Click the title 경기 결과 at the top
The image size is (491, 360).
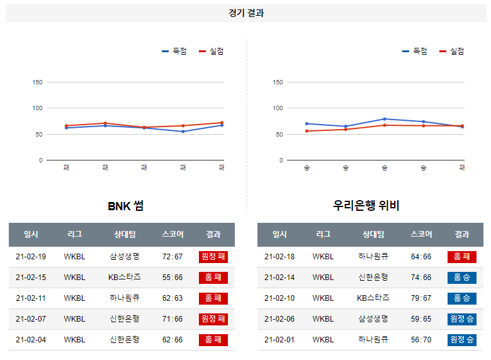point(246,13)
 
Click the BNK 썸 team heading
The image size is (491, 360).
point(125,206)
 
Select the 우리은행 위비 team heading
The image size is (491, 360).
point(366,206)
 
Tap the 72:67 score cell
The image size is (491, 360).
point(172,257)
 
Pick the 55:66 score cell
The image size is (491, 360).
point(172,278)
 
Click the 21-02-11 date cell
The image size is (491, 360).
point(31,298)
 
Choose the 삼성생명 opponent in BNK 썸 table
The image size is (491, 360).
point(125,257)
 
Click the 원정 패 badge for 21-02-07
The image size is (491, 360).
point(213,319)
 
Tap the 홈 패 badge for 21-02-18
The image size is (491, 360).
point(461,257)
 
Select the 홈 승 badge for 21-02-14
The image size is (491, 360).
point(461,278)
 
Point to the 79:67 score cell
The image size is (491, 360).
point(420,298)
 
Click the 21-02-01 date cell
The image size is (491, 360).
point(279,340)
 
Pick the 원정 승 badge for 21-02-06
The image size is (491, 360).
point(461,319)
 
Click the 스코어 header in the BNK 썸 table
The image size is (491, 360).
point(172,234)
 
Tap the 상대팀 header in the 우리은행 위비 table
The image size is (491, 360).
point(373,234)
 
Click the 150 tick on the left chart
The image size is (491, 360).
point(37,82)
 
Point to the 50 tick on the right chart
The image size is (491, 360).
point(278,134)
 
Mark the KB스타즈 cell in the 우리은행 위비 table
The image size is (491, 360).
point(373,298)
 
